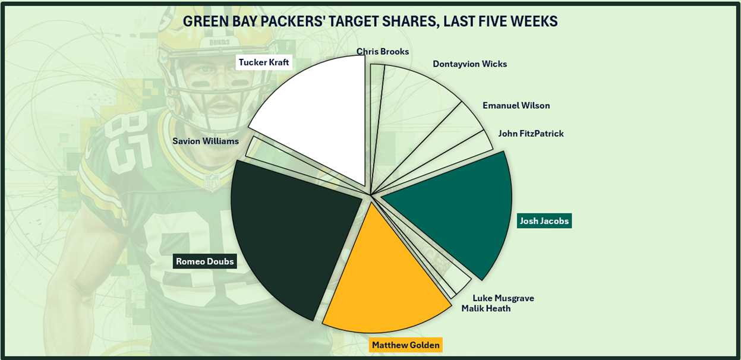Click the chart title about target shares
[370, 21]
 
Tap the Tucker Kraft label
[264, 62]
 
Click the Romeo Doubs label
[205, 261]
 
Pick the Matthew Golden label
[406, 345]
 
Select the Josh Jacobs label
[544, 221]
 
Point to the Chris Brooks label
[383, 52]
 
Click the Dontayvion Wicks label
[469, 64]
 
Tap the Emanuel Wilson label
[516, 106]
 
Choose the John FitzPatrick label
[531, 134]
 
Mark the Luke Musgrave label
[503, 298]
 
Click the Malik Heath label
[486, 308]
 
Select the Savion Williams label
[206, 141]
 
